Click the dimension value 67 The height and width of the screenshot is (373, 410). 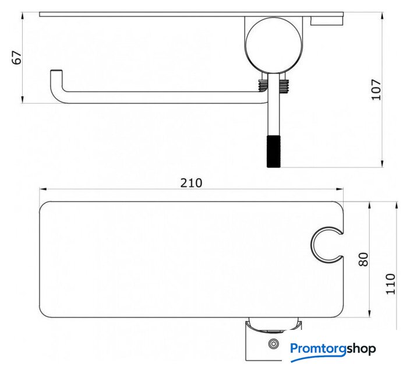pos(17,58)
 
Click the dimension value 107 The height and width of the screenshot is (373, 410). pos(376,90)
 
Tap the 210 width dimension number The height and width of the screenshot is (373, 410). pos(191,183)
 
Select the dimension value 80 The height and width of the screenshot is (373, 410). pos(363,259)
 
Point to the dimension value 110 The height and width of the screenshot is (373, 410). pos(390,284)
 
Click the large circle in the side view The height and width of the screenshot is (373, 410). pos(274,45)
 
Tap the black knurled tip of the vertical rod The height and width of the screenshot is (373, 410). pos(274,152)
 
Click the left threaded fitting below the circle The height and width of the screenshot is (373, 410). pos(263,85)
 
